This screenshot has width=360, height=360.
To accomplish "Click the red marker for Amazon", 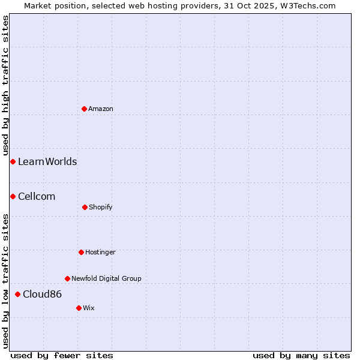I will pos(85,109).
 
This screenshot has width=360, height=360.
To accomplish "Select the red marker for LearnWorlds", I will pos(13,161).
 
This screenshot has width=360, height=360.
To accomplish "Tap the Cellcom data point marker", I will pos(13,196).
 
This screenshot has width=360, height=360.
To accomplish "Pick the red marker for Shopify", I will pos(85,207).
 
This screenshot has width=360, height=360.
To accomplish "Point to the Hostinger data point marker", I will pos(81,252).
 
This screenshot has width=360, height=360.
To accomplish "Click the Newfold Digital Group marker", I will pos(67,278).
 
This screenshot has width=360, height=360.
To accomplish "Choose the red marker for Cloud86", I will pos(18,294).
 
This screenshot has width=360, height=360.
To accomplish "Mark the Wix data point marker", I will pos(79,308).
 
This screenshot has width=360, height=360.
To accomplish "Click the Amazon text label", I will pos(101,109).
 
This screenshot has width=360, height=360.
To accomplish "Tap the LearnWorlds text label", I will pos(47,161).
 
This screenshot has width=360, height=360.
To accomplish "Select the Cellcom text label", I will pos(37,196).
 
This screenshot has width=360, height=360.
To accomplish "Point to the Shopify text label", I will pos(101,207).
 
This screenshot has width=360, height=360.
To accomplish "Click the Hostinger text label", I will pos(100,252).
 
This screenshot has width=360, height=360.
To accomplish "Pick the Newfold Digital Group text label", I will pos(106,278).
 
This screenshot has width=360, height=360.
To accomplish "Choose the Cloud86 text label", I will pos(43,294).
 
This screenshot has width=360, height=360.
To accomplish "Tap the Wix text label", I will pos(89,308).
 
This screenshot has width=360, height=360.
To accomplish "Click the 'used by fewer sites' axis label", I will pos(62,355).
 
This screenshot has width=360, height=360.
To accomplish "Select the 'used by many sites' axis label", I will pos(301,355).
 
